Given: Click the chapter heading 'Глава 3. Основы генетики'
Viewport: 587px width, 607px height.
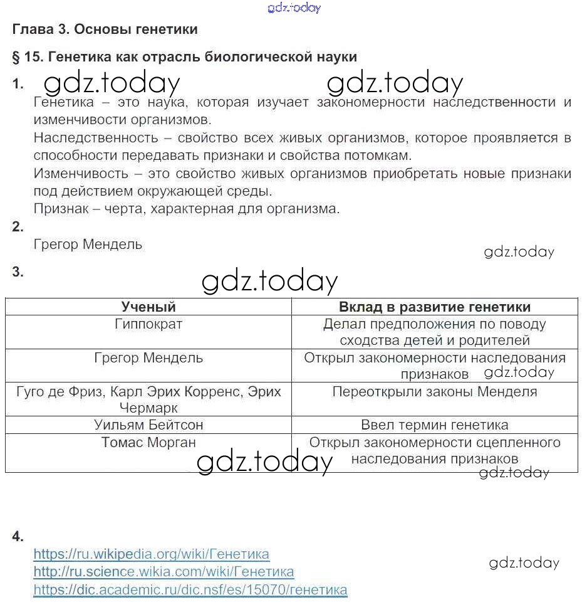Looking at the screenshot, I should click(105, 29).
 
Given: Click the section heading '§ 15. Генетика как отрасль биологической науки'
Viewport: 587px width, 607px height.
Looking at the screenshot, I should click(184, 57).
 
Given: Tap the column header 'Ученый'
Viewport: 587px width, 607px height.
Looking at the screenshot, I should click(148, 307).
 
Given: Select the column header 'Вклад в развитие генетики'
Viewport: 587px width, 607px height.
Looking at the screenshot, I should click(434, 307).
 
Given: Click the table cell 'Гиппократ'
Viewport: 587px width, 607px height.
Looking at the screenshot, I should click(148, 324).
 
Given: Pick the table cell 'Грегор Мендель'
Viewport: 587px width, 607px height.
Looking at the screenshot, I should click(148, 358).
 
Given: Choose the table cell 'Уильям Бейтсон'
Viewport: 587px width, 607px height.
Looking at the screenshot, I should click(148, 425).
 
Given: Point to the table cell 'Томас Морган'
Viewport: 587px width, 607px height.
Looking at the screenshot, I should click(148, 442).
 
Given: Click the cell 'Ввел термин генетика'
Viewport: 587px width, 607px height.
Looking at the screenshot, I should click(434, 425).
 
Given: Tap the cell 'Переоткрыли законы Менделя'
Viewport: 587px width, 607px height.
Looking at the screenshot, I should click(434, 392).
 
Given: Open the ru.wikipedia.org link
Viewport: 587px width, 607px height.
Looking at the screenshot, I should click(151, 554).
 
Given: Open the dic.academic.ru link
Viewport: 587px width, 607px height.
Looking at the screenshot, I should click(190, 590).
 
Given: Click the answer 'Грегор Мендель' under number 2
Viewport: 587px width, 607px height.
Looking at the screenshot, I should click(88, 245).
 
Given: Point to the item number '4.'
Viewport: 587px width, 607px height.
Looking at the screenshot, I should click(18, 536).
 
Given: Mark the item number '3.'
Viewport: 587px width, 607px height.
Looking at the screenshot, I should click(18, 272).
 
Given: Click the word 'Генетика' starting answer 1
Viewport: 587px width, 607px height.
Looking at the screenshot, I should click(63, 102).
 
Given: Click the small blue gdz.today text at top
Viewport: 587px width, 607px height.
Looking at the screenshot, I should click(294, 8).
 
